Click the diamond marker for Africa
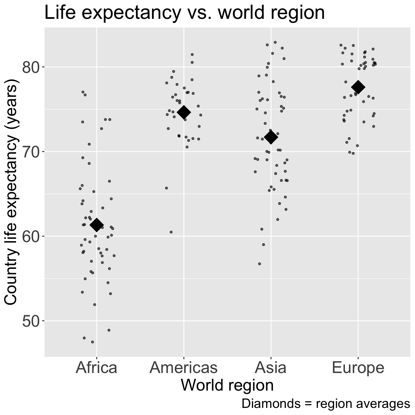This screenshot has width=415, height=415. [x=96, y=225]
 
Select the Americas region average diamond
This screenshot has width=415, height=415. [x=184, y=112]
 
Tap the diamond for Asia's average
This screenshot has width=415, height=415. [x=271, y=137]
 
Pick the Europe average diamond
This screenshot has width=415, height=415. [x=358, y=87]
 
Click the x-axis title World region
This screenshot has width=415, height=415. [x=227, y=385]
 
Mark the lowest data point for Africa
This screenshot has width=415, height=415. [x=92, y=342]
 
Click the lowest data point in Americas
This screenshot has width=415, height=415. [x=171, y=232]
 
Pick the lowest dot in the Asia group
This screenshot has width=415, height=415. [x=259, y=264]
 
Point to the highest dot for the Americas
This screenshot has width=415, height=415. [x=192, y=54]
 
